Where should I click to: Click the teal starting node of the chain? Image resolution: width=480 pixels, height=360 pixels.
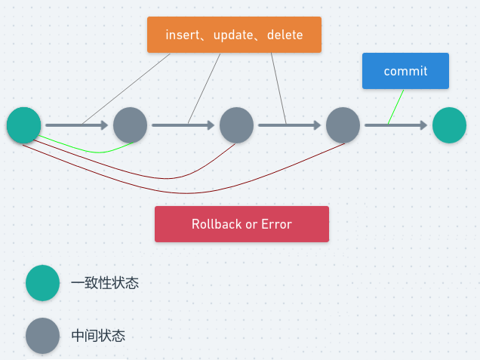pos(23,125)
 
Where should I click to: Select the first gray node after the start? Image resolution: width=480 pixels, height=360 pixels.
pos(130,125)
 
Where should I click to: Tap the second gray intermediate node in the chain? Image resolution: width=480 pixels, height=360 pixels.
pos(236,125)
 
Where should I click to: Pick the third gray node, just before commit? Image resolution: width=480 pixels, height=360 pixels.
pos(343,125)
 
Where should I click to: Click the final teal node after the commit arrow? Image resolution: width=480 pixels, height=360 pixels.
pos(449,125)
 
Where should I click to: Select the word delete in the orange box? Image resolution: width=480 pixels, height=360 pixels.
pos(285,35)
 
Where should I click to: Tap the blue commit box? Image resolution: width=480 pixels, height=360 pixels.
pos(405,71)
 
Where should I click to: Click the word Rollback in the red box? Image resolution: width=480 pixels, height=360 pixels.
pos(217,224)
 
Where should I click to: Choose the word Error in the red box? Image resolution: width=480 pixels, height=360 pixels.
pos(275,224)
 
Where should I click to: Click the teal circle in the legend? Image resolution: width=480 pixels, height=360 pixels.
pos(42,283)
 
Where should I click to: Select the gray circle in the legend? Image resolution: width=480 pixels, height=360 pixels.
pos(42,336)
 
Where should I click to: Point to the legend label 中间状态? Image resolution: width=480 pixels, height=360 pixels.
pos(98,336)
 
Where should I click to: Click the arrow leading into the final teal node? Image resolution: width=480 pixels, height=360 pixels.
pos(396,125)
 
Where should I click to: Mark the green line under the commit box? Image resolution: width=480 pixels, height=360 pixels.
pos(396,106)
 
